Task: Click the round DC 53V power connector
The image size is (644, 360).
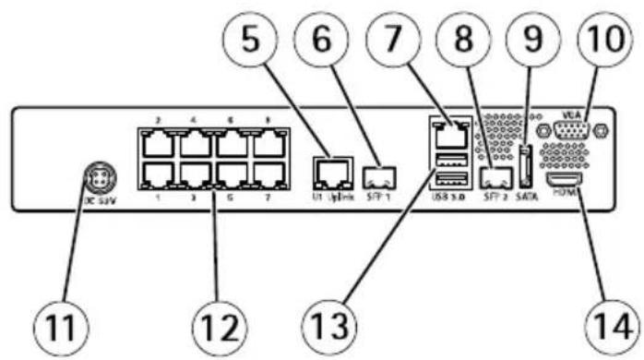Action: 95,173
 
